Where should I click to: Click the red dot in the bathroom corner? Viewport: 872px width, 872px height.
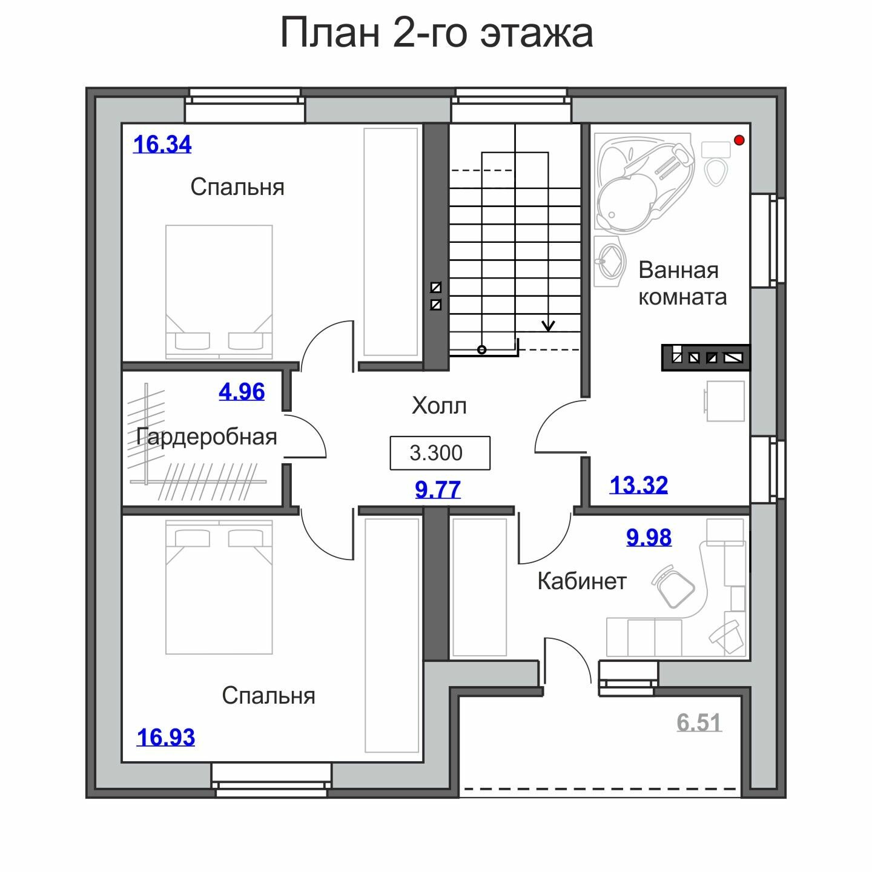tap(739, 140)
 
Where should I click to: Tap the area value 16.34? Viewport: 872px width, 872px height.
tap(162, 145)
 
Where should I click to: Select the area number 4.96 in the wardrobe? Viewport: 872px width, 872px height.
tap(242, 391)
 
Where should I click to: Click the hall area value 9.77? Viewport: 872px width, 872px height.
tap(438, 490)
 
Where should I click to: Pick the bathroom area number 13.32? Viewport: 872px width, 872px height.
tap(638, 485)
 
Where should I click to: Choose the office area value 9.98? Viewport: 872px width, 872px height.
tap(649, 537)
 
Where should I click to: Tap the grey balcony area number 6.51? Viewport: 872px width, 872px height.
tap(699, 722)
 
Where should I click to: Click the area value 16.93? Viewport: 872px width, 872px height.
tap(166, 738)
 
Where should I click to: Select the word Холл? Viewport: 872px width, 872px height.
tap(439, 406)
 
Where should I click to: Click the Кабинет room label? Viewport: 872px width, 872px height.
tap(582, 581)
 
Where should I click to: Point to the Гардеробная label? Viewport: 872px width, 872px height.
tap(206, 437)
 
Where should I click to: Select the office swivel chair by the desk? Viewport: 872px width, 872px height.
tap(673, 586)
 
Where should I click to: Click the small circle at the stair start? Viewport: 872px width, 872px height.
tap(482, 350)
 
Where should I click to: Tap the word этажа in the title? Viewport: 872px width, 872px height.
tap(537, 33)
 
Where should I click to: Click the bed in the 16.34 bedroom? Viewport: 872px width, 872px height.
tap(219, 292)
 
